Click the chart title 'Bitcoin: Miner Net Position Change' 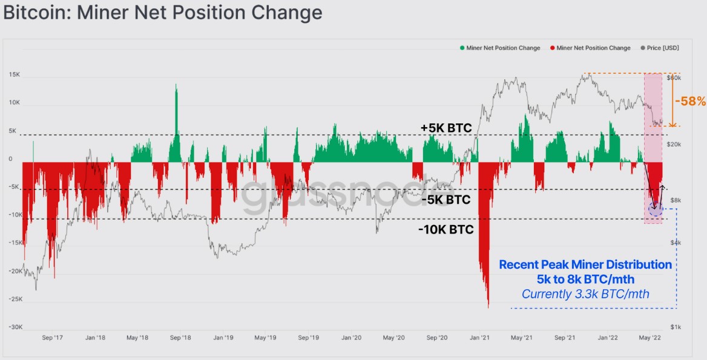(x=163, y=12)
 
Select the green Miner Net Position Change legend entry (x=500, y=48)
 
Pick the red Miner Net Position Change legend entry (x=590, y=48)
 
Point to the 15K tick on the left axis (x=15, y=75)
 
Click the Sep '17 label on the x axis (x=53, y=338)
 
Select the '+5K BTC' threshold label (x=446, y=128)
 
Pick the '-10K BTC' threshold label (x=446, y=230)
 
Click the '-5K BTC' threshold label (x=446, y=200)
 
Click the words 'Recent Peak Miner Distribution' (x=585, y=265)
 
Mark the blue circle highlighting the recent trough (x=656, y=209)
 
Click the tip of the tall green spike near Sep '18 (x=177, y=85)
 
